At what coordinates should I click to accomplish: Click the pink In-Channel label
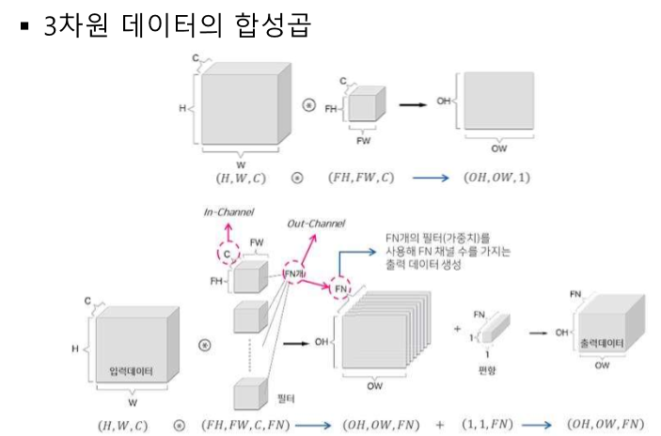pyautogui.click(x=228, y=213)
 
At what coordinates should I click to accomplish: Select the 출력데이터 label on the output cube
pyautogui.click(x=608, y=343)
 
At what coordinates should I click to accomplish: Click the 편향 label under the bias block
pyautogui.click(x=486, y=370)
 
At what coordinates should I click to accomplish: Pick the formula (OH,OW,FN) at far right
pyautogui.click(x=606, y=425)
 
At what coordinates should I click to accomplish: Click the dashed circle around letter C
pyautogui.click(x=227, y=253)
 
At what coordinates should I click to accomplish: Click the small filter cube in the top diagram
pyautogui.click(x=363, y=107)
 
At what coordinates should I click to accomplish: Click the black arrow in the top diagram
pyautogui.click(x=411, y=104)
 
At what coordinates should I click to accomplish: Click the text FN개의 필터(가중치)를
pyautogui.click(x=437, y=238)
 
